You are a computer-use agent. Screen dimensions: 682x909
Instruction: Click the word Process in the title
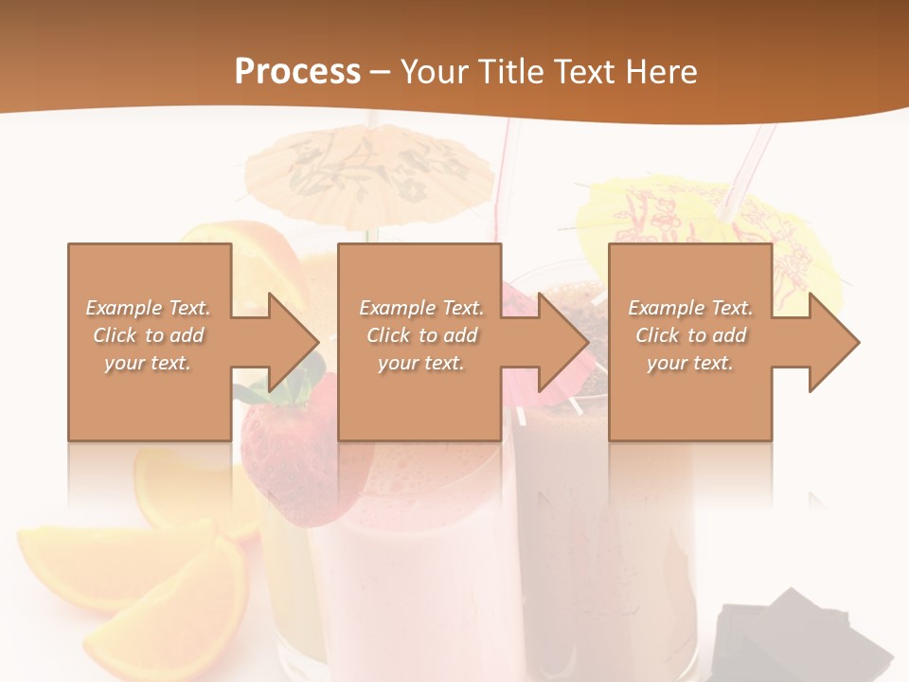tap(297, 71)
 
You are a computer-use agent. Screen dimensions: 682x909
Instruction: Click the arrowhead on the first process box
tap(294, 341)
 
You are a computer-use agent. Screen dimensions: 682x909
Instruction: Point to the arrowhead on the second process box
tap(563, 341)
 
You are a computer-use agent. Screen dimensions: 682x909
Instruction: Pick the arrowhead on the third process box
tap(833, 341)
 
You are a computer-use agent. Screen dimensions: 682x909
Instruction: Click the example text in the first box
tap(149, 335)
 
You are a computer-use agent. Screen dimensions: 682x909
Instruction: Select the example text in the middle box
tap(421, 335)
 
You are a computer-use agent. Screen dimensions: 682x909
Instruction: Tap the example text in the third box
tap(690, 335)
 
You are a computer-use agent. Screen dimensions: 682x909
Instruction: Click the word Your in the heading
tap(431, 71)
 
